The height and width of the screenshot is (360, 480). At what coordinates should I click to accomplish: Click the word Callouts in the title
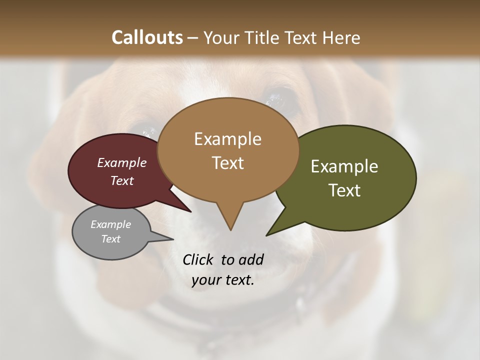(x=147, y=37)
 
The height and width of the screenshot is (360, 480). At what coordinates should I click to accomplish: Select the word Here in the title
(x=341, y=37)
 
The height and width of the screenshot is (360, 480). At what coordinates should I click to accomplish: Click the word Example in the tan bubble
(x=227, y=139)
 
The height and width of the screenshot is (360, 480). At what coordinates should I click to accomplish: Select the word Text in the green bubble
(x=344, y=190)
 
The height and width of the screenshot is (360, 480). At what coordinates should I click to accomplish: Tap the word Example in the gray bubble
(x=110, y=224)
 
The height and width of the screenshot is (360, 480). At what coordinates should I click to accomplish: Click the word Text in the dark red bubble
(x=122, y=180)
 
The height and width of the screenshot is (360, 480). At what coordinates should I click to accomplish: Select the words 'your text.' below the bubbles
(x=223, y=280)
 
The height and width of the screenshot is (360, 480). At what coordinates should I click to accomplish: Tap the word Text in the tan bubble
(x=227, y=163)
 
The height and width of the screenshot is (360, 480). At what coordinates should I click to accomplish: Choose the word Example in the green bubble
(x=344, y=166)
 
